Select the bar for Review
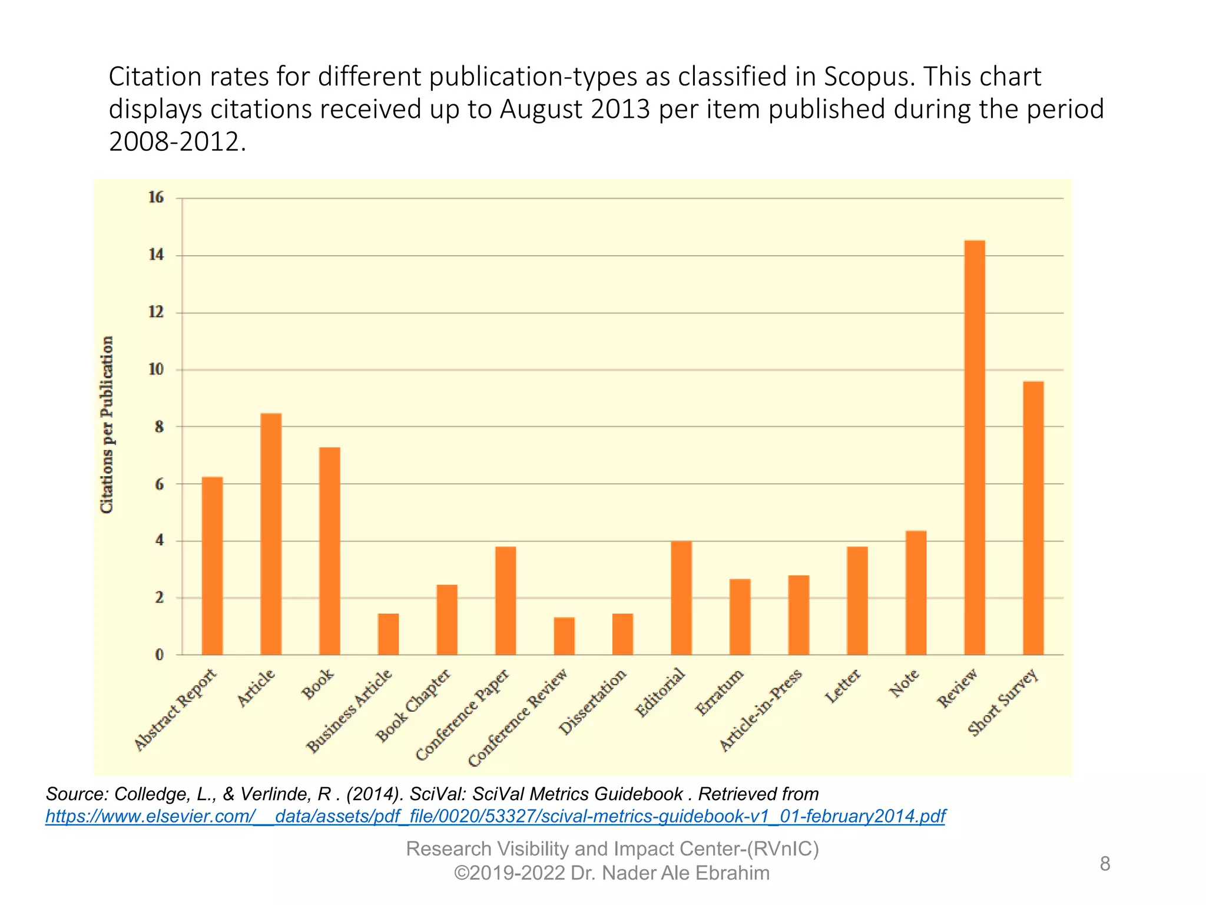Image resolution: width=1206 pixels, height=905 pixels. click(x=974, y=448)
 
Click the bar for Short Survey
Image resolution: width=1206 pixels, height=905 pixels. click(x=1033, y=518)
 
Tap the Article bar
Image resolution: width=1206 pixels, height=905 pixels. click(x=271, y=534)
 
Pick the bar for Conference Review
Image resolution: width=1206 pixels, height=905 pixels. click(x=564, y=636)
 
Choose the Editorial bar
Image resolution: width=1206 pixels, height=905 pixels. click(x=681, y=597)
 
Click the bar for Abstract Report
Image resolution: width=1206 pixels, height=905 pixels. click(x=212, y=566)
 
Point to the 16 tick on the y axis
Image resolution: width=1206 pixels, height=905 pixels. click(x=156, y=197)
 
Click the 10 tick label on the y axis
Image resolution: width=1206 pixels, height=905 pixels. click(x=156, y=369)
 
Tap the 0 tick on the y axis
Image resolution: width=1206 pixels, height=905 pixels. click(x=159, y=655)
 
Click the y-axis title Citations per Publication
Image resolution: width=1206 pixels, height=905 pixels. click(x=107, y=424)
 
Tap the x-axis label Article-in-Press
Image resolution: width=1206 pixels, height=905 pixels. click(x=761, y=711)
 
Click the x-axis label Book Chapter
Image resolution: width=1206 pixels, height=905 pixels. click(x=414, y=705)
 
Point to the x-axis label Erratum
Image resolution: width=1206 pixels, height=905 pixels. click(x=720, y=692)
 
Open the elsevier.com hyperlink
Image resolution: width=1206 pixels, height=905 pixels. click(x=495, y=816)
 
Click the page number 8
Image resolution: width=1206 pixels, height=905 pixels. click(x=1105, y=864)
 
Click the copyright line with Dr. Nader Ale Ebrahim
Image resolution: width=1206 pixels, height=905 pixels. click(x=611, y=873)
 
